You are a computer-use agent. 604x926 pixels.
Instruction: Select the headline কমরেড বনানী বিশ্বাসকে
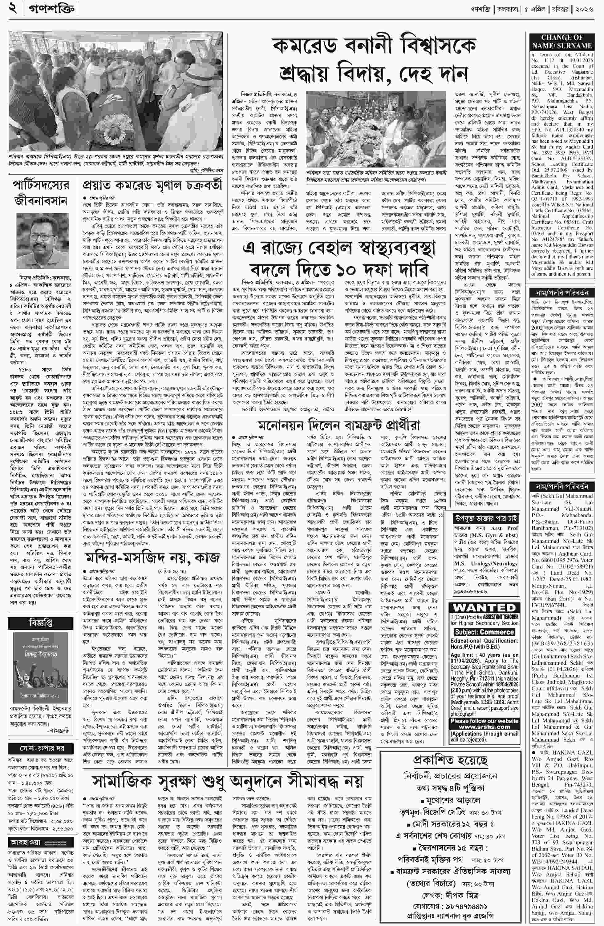[x=374, y=46]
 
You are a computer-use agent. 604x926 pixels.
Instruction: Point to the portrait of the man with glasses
[x=43, y=242]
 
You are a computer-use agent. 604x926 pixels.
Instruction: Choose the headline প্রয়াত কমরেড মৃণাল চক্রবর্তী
[x=152, y=186]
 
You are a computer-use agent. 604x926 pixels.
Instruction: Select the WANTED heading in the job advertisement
[x=484, y=608]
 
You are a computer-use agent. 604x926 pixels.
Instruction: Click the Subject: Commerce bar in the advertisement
[x=484, y=632]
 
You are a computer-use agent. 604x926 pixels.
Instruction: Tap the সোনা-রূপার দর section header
[x=40, y=748]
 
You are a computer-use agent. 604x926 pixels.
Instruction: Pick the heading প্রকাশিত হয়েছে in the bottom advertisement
[x=450, y=760]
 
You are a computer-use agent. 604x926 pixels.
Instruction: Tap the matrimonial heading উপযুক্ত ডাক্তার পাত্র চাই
[x=485, y=518]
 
